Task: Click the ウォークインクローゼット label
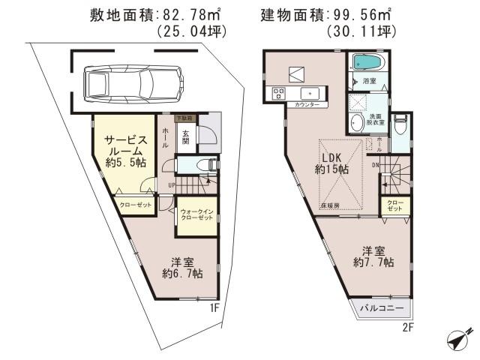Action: [x=197, y=216]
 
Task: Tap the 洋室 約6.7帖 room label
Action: [x=182, y=268]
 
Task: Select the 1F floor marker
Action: [x=214, y=307]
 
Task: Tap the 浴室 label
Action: [x=370, y=80]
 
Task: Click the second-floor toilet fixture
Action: [x=400, y=127]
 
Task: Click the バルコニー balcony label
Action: [x=381, y=308]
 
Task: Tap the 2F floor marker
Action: [x=408, y=327]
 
